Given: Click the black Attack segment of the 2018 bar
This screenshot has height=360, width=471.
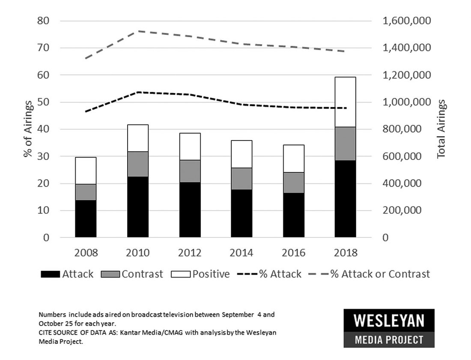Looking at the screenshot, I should pos(345,198).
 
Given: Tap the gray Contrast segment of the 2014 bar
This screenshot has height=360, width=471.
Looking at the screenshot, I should pos(241,178).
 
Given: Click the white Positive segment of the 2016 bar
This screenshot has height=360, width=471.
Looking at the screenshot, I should pos(293,159).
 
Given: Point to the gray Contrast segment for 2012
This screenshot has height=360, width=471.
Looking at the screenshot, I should pos(190,171).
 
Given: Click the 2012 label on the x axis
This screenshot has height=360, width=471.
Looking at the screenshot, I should pos(190,253).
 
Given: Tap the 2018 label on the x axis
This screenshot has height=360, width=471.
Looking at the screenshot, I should pos(345,253).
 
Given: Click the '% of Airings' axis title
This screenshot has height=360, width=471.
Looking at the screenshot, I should pos(28,129).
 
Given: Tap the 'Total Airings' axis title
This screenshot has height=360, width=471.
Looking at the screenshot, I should pos(441,129).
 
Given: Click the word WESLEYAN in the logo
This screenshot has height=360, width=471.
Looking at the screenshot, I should pos(388,320).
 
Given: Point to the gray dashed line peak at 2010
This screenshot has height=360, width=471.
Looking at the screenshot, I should pos(138,31).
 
